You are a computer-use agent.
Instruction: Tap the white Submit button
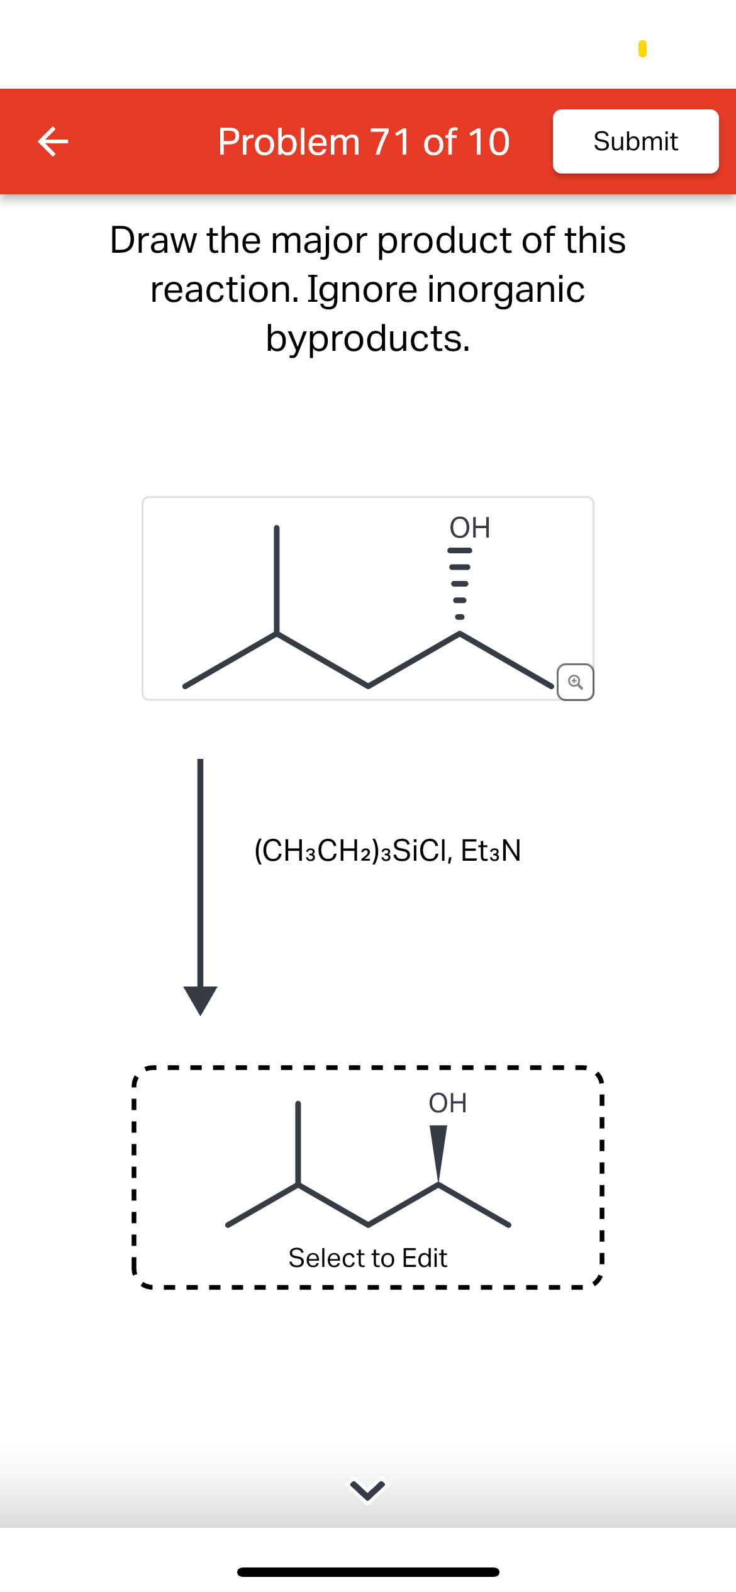click(x=635, y=141)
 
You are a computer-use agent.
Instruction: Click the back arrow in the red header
click(x=53, y=141)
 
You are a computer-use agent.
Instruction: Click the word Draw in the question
click(x=154, y=240)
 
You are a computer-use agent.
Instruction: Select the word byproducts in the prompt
click(x=368, y=338)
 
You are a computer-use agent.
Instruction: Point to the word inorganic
click(x=506, y=289)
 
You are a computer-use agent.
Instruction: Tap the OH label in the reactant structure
click(x=469, y=528)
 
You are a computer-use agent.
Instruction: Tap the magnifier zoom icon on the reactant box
click(x=575, y=682)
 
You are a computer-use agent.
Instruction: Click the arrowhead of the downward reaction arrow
click(x=200, y=999)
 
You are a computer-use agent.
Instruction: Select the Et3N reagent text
click(x=491, y=851)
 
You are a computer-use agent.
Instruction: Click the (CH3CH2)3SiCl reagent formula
click(x=352, y=851)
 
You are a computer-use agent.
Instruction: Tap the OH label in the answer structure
click(x=447, y=1103)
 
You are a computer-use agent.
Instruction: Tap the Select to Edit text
click(x=368, y=1258)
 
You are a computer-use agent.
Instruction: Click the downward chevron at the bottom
click(x=368, y=1490)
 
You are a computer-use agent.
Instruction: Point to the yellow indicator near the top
click(x=642, y=48)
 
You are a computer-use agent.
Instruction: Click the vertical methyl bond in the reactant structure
click(x=276, y=578)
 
